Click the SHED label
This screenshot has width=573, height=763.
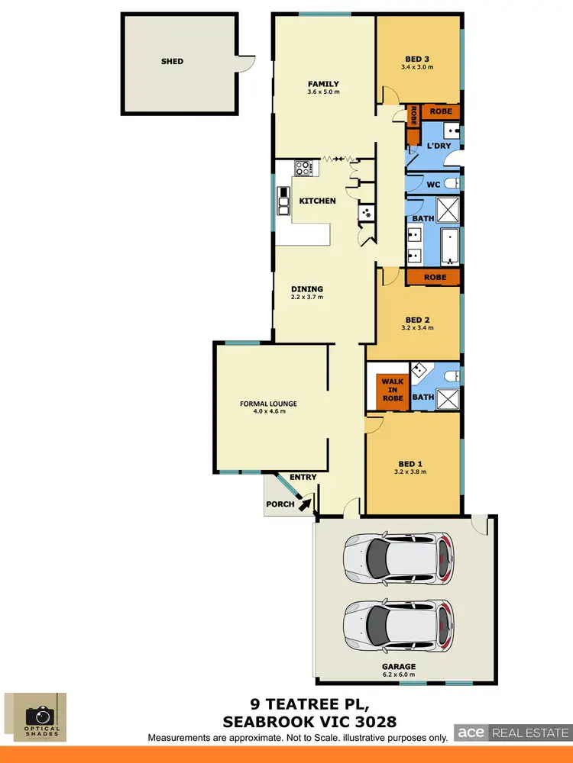tap(172, 61)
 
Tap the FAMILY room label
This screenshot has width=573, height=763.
tap(323, 84)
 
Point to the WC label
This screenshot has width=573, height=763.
tap(432, 185)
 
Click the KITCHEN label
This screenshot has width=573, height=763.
tap(317, 201)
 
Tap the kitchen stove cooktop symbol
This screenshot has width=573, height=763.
tap(303, 168)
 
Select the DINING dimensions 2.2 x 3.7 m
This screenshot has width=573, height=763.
tap(307, 298)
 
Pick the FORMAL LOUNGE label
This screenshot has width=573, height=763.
tap(268, 404)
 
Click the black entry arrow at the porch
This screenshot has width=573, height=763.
tap(306, 502)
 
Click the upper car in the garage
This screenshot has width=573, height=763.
tap(398, 557)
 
